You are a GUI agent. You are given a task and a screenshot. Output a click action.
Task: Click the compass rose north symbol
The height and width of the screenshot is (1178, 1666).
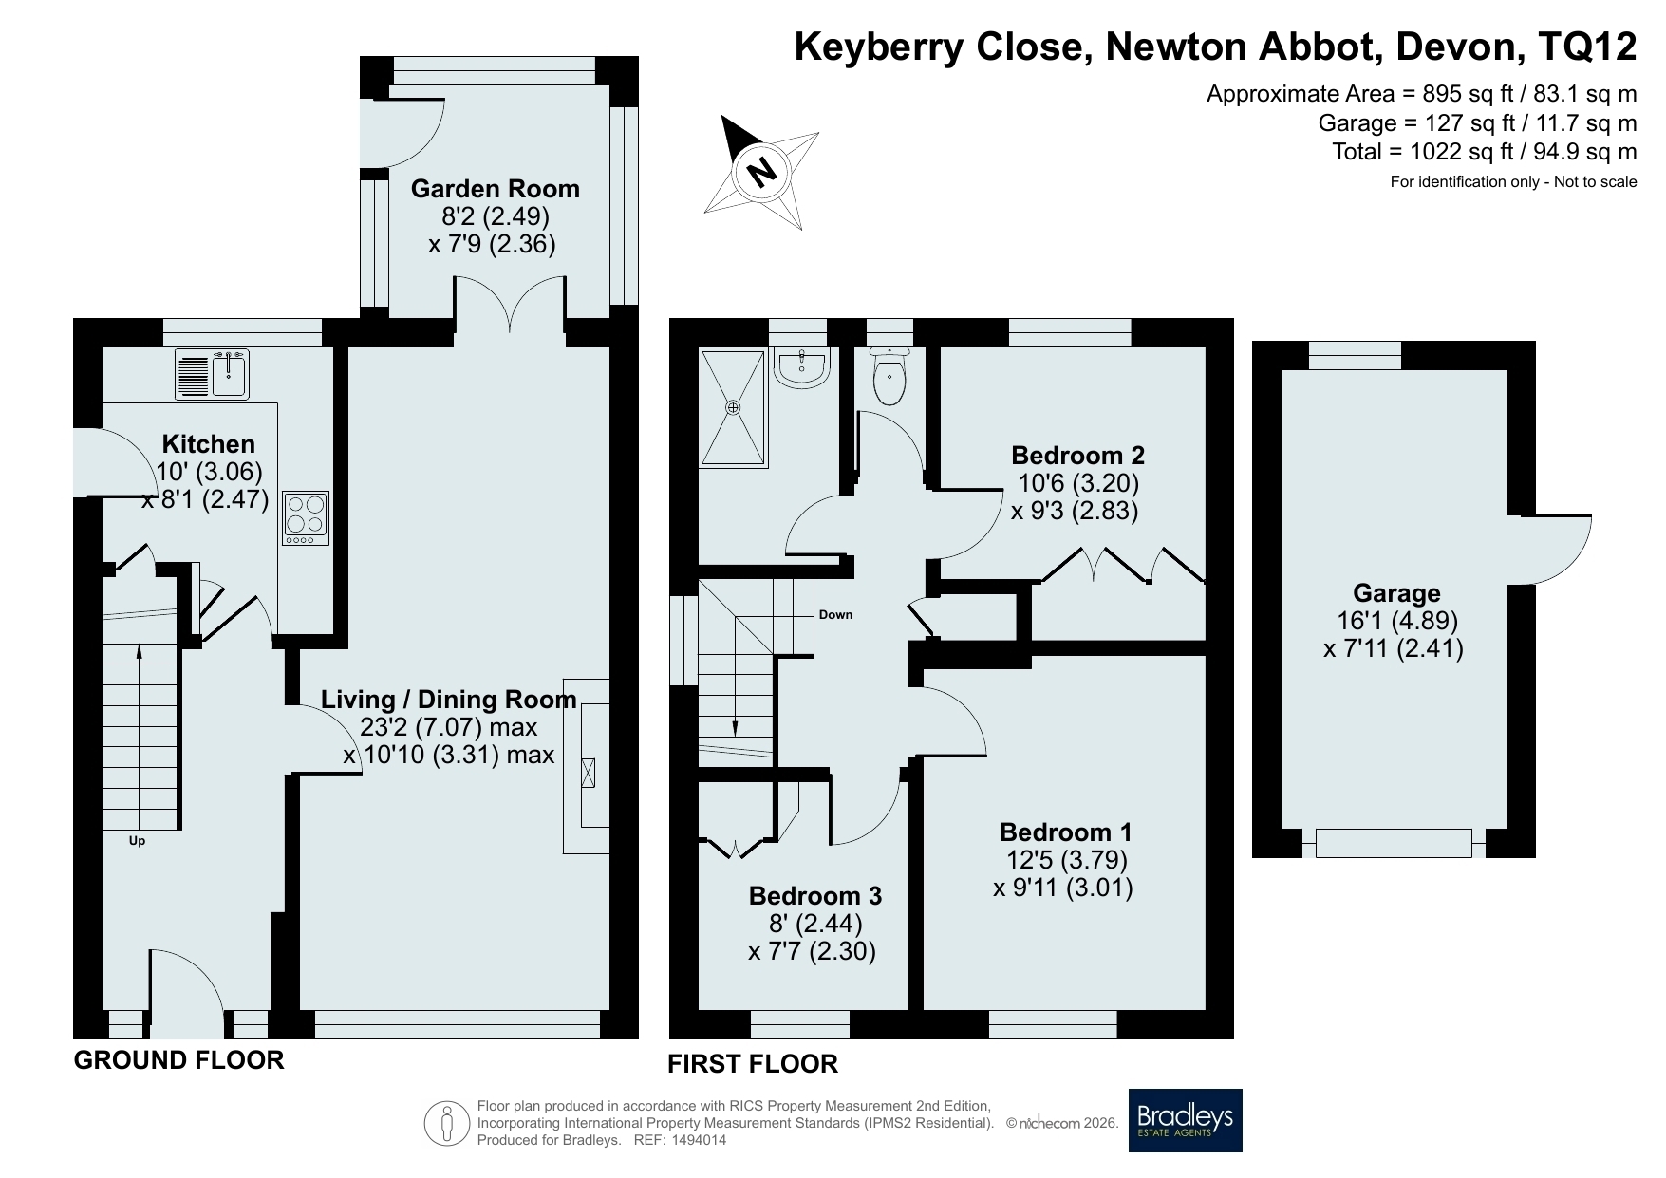coord(760,172)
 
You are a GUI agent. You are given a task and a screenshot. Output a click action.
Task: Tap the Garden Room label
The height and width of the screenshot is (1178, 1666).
coord(495,189)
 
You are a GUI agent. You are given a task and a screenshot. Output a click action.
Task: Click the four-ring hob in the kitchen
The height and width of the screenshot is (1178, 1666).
coord(306,518)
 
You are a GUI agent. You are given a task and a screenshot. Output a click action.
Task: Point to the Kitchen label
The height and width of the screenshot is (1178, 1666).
coord(209,444)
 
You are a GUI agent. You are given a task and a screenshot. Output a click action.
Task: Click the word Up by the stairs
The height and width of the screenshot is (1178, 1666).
coord(138,841)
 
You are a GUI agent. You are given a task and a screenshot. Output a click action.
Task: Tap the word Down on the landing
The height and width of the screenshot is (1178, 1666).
coord(836,615)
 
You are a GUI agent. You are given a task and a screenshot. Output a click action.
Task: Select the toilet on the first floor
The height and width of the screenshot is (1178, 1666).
coord(889,376)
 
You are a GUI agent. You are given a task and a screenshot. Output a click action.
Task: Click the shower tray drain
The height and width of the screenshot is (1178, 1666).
coord(733,407)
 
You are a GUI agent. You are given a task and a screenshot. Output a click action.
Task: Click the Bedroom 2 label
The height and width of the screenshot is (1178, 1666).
coord(1077,455)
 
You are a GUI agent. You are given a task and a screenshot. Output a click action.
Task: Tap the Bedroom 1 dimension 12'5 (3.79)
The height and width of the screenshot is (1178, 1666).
coord(1066,860)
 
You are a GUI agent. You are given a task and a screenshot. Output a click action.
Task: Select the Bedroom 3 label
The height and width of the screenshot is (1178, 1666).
coord(815,896)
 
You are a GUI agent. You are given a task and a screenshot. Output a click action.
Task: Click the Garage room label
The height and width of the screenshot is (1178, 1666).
coord(1396,593)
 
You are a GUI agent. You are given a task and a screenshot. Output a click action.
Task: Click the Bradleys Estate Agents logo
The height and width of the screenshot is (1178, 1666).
coord(1185,1120)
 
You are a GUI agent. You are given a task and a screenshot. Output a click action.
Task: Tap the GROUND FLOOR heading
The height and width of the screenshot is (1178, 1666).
coord(179,1060)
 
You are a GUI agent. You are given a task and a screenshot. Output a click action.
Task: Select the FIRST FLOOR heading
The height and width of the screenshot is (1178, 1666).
coord(753,1064)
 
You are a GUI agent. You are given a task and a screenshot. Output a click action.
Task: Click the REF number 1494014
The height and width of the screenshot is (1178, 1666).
coord(700,1141)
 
